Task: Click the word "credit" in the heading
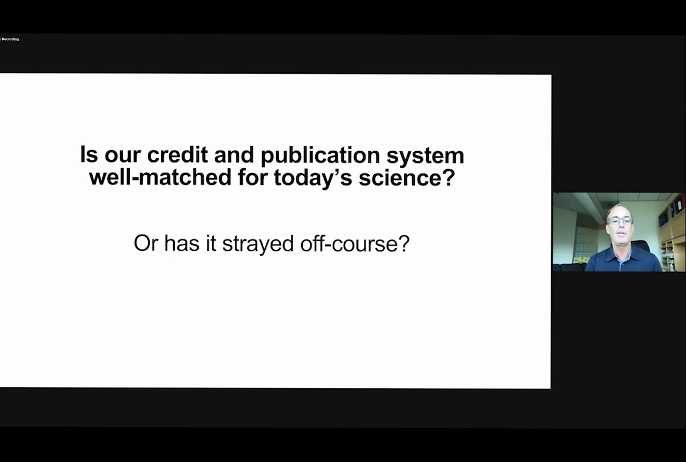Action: [x=177, y=155]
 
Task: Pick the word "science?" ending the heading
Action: [x=407, y=178]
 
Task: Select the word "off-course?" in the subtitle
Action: [x=355, y=244]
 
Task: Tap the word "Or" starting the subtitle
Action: [x=146, y=243]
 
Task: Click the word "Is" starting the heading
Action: [x=89, y=155]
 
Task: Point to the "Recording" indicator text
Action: [x=10, y=39]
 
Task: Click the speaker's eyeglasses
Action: [x=620, y=221]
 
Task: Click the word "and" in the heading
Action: [x=234, y=155]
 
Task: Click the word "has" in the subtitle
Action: [x=182, y=243]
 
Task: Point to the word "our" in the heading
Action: [x=122, y=157]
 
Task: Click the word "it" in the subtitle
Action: [x=211, y=243]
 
